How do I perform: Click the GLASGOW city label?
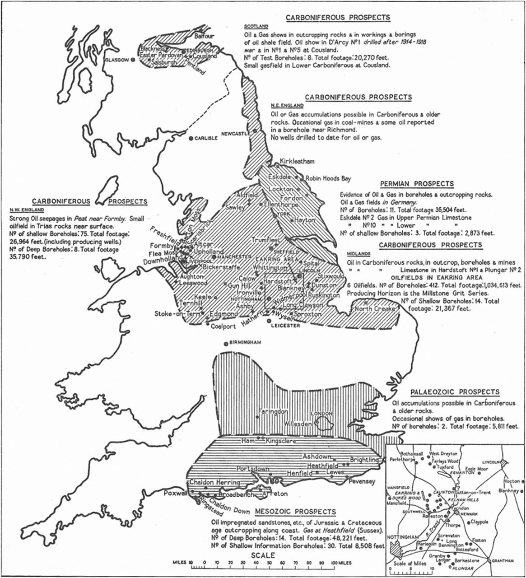tap(116, 60)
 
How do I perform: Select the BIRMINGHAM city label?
tap(246, 342)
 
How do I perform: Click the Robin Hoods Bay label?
tap(328, 178)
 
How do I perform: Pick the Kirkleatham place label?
tap(297, 161)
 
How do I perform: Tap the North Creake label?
tap(374, 309)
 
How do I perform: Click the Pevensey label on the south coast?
tap(362, 481)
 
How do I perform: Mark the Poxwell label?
tap(175, 493)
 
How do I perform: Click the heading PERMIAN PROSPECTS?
tap(417, 184)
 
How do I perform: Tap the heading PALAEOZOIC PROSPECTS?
tap(455, 392)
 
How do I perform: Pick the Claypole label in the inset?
tap(479, 522)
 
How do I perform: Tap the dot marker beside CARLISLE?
tap(191, 138)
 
